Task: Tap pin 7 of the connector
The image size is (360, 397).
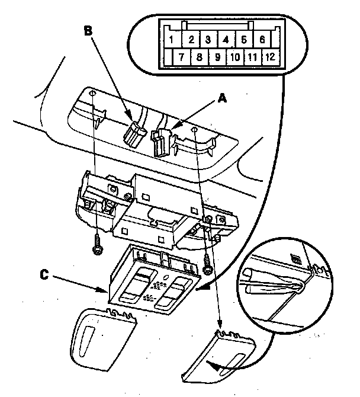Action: pos(182,58)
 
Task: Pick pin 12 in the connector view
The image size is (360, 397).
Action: pos(270,58)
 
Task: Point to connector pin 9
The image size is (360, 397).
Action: pos(217,58)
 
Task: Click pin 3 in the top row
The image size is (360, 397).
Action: pos(208,40)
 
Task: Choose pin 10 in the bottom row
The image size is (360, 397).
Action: pos(234,58)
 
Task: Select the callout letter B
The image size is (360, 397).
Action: pos(89,31)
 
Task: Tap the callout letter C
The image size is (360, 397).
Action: pos(45,274)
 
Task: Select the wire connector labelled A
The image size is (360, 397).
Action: pos(162,140)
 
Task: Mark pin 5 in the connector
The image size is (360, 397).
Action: pos(244,40)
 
